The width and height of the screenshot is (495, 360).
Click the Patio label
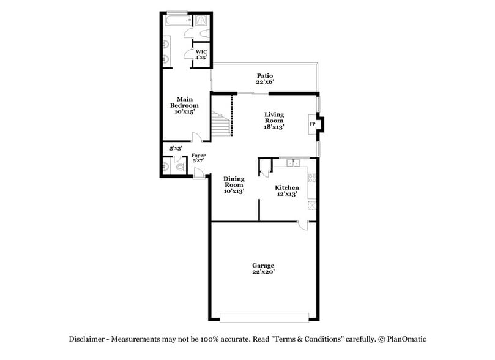265,78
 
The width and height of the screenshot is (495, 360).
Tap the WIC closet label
201,54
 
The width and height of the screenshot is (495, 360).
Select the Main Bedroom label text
184,105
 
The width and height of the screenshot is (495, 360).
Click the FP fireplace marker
313,124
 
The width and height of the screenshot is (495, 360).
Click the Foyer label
198,159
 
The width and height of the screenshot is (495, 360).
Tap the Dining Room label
234,185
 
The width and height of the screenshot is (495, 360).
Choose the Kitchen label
286,190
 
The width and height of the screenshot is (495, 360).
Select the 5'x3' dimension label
176,148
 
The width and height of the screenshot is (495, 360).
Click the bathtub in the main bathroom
176,20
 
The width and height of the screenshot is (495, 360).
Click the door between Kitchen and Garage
302,225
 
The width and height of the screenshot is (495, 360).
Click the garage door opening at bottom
264,318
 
